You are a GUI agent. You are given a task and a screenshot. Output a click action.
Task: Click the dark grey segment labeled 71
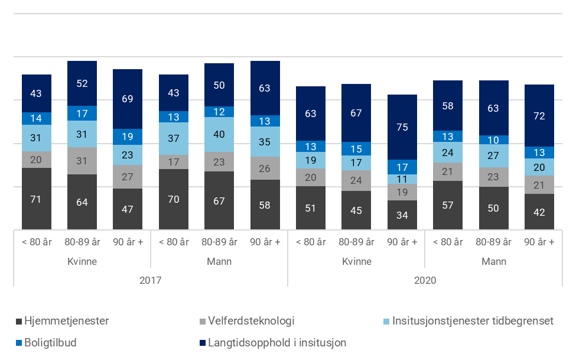coord(37,199)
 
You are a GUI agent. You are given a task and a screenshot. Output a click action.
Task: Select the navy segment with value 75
coord(402,127)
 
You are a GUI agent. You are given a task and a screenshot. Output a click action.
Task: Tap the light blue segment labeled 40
coord(219,134)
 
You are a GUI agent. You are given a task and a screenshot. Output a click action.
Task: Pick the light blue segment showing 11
coord(402,179)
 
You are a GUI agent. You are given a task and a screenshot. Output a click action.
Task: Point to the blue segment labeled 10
coord(493,140)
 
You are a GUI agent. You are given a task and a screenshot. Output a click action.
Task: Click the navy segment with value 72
coord(539,116)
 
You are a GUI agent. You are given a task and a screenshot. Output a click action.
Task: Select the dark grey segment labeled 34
coord(402,215)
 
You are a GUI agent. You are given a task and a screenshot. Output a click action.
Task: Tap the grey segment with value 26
coord(265,168)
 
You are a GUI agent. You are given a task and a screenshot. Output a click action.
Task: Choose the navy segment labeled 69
coord(128,99)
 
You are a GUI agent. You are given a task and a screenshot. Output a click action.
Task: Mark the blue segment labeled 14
coord(37,118)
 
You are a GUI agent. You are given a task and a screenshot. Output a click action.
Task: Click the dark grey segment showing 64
coord(82,202)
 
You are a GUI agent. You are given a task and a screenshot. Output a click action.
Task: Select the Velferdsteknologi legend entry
coord(248,322)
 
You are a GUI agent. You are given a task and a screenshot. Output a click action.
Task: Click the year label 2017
coord(151,280)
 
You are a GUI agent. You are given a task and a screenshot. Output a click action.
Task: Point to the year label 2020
coord(425,280)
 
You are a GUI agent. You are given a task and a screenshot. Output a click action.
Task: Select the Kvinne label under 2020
coord(356,261)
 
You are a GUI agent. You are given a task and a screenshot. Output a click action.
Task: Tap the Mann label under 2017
coord(219,261)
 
